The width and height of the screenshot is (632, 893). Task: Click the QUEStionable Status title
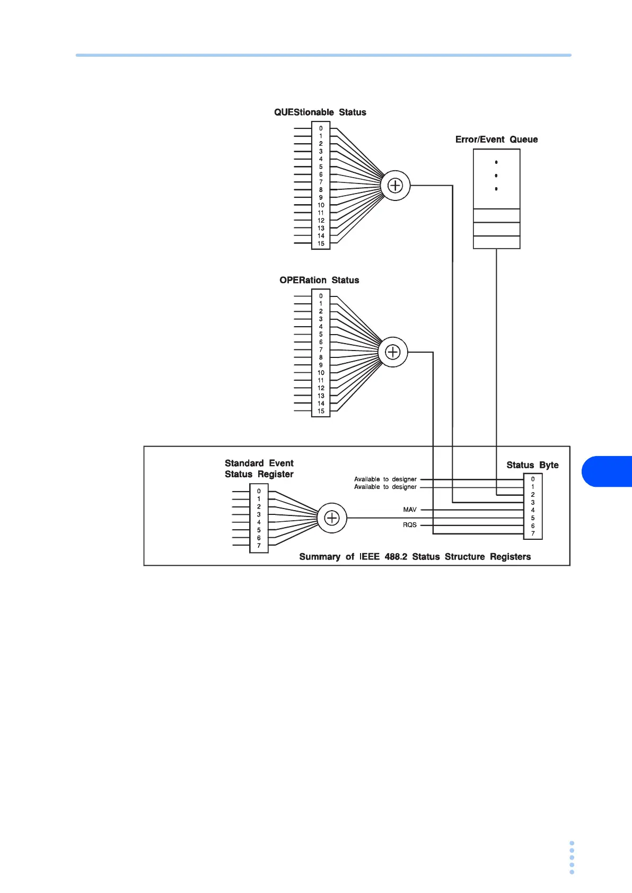click(320, 112)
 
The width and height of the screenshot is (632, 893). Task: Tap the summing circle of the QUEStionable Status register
click(396, 186)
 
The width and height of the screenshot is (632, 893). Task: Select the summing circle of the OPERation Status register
click(392, 352)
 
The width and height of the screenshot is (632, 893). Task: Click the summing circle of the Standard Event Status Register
click(331, 518)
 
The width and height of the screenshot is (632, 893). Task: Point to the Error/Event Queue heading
click(496, 139)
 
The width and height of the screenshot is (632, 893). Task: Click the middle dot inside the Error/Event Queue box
click(496, 176)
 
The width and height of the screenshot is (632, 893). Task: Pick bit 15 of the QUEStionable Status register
click(321, 244)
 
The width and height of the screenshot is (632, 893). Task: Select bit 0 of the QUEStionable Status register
click(321, 128)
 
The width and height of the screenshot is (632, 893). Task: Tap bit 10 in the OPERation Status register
click(321, 373)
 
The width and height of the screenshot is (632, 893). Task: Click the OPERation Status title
click(319, 280)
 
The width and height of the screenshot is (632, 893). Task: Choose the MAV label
click(410, 510)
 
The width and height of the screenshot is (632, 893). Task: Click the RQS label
click(410, 525)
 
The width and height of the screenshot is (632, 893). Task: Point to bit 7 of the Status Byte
click(533, 533)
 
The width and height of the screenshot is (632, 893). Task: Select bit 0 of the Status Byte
click(533, 479)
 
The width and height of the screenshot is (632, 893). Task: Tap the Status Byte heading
click(532, 465)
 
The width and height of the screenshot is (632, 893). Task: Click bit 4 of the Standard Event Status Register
click(259, 522)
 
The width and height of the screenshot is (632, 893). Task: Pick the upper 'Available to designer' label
click(385, 479)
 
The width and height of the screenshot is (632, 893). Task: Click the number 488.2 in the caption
click(396, 557)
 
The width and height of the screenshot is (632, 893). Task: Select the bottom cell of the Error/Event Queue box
click(496, 242)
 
